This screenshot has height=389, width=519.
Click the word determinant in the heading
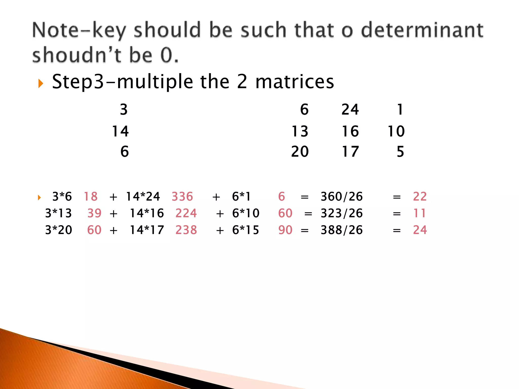(x=422, y=30)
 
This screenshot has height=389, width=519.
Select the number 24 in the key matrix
(x=350, y=110)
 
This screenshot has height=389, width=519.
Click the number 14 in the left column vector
(x=120, y=131)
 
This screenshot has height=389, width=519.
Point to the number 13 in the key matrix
(x=300, y=131)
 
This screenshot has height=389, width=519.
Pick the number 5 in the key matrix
(x=400, y=152)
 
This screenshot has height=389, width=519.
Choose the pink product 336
(x=182, y=197)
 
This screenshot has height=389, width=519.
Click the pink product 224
(x=186, y=213)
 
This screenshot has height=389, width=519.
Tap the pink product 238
(x=186, y=230)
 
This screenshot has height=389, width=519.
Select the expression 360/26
(x=342, y=197)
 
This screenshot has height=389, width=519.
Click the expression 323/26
(x=342, y=213)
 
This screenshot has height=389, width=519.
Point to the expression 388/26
(x=342, y=230)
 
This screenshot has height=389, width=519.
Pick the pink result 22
(x=420, y=197)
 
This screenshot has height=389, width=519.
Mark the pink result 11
(x=419, y=213)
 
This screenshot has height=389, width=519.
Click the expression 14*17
(x=147, y=230)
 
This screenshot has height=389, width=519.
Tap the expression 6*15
(x=246, y=230)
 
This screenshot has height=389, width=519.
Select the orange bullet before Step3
(x=40, y=83)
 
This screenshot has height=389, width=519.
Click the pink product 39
(x=94, y=213)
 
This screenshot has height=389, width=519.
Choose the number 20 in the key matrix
(x=300, y=152)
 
